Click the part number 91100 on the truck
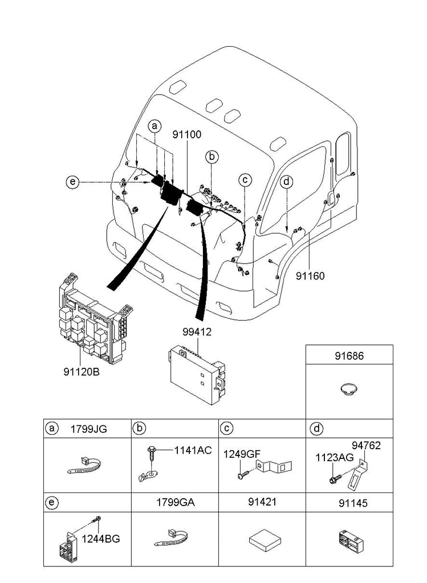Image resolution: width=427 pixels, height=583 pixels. click(187, 135)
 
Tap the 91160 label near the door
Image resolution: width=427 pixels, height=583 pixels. click(310, 276)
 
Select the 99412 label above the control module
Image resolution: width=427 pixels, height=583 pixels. click(197, 332)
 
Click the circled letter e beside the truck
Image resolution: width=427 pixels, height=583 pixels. click(72, 182)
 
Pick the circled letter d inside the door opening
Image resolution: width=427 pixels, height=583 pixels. click(287, 182)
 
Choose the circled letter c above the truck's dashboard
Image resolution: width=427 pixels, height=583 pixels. click(245, 180)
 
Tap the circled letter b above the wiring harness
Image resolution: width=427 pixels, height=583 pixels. click(212, 155)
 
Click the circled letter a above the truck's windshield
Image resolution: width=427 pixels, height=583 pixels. click(154, 126)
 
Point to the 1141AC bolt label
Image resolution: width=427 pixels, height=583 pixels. click(193, 451)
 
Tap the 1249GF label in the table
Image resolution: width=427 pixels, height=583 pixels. click(242, 454)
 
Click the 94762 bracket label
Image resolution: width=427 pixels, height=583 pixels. click(365, 446)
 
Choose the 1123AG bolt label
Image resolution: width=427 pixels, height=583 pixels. click(335, 457)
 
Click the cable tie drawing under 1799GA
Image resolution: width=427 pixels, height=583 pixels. click(174, 537)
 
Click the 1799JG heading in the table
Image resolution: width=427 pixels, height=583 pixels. click(88, 429)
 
